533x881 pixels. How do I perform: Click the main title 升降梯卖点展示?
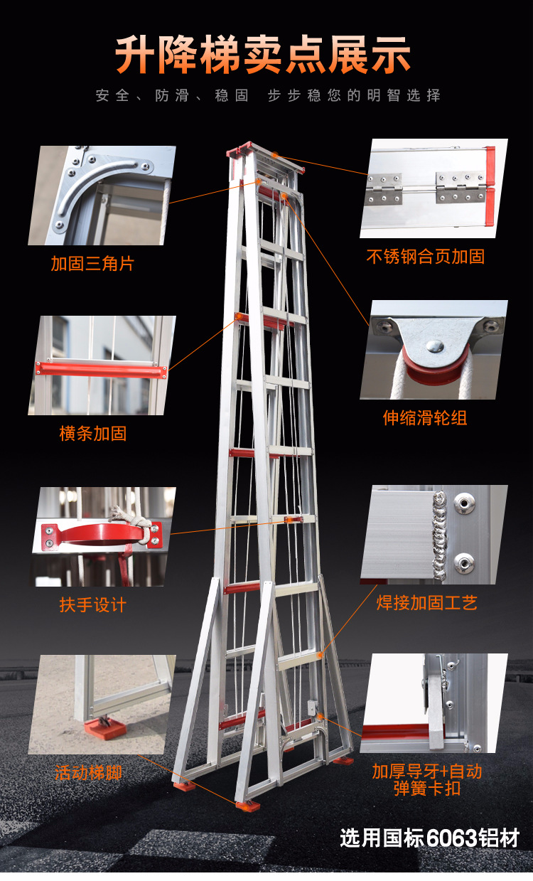click(x=264, y=55)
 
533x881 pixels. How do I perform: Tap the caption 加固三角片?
click(x=92, y=264)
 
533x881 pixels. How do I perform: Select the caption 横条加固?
click(x=93, y=433)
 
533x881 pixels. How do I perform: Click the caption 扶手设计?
click(x=93, y=605)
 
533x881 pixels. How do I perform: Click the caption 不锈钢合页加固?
click(x=426, y=257)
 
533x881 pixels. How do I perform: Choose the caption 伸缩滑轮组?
click(x=425, y=417)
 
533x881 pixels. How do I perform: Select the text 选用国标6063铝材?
click(x=429, y=838)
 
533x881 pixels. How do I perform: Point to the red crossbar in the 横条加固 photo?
click(x=102, y=370)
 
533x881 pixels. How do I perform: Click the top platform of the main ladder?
click(x=264, y=154)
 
